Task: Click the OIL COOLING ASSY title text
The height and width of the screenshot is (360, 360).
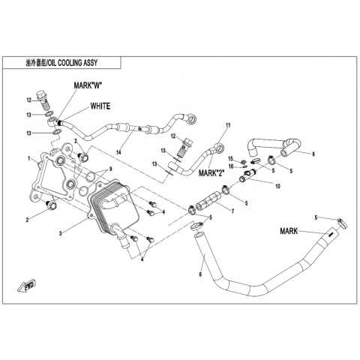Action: pos(61,63)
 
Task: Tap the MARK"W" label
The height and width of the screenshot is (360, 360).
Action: pos(88,85)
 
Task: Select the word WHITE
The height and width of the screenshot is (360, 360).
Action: pos(100,106)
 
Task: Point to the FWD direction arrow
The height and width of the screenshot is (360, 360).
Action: pos(27,285)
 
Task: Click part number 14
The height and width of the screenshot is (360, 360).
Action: pos(118,151)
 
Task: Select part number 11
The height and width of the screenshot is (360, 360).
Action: pos(228,125)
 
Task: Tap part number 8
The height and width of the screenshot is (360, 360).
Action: pos(313,154)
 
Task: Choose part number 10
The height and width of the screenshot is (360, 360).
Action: pos(277,186)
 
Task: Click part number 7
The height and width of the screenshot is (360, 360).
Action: pos(232,211)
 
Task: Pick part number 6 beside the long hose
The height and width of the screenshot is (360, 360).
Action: pos(200,274)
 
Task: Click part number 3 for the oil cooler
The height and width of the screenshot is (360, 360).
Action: pos(60,233)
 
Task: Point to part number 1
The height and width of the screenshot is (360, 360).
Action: pos(29,158)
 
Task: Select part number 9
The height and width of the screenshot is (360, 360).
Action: pos(110,169)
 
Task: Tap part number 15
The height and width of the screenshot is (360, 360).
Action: pos(230,158)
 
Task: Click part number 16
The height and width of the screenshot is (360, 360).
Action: pos(230,166)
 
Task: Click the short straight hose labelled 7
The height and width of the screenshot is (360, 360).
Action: pos(208,200)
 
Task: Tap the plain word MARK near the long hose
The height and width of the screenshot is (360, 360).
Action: pos(289,231)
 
